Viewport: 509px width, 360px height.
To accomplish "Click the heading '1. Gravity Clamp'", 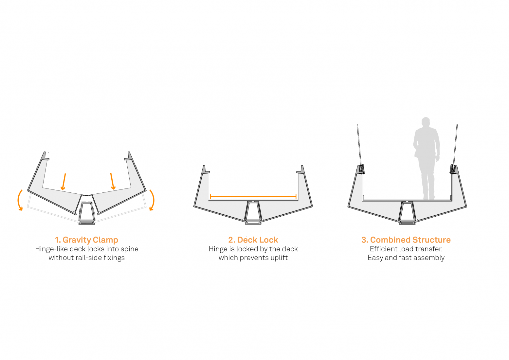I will [x=86, y=240].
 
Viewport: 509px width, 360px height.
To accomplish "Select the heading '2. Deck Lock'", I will [x=253, y=240].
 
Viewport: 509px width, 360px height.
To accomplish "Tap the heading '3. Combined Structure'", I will [x=406, y=240].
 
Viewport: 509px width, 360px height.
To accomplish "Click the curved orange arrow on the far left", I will [x=20, y=200].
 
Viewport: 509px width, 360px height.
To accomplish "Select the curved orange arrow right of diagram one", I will [x=152, y=200].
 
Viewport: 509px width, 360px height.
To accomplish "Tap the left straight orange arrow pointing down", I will [x=64, y=182].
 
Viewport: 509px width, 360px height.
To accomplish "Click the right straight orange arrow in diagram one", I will [x=112, y=181].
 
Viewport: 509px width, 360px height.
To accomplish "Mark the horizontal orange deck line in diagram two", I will [x=253, y=196].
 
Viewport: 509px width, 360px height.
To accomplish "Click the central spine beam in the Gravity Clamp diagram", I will [x=87, y=213].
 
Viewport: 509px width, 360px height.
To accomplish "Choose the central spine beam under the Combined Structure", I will [x=407, y=213].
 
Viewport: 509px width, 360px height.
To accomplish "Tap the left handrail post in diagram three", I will [x=359, y=144].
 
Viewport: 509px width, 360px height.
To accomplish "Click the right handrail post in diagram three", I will [x=455, y=144].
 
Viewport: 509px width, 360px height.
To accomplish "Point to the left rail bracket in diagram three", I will [x=361, y=169].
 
